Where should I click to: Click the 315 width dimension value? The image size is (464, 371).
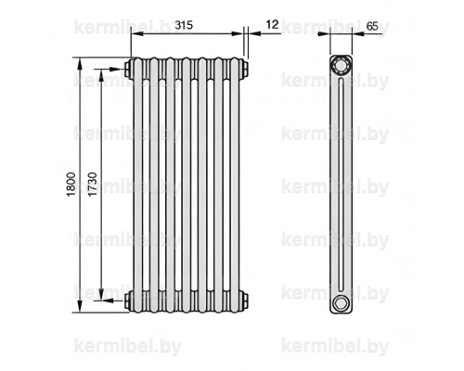184,25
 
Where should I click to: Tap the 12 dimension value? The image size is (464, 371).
272,24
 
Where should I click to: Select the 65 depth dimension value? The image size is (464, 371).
372,26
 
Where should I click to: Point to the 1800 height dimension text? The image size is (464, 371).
71,185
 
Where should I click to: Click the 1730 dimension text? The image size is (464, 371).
93,185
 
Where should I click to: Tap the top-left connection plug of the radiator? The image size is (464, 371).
127,69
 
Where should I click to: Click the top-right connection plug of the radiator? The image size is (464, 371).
245,69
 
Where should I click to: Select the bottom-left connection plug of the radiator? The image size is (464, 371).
127,301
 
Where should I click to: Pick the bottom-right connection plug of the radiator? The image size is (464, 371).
245,301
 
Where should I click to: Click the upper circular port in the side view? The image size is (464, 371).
341,65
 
